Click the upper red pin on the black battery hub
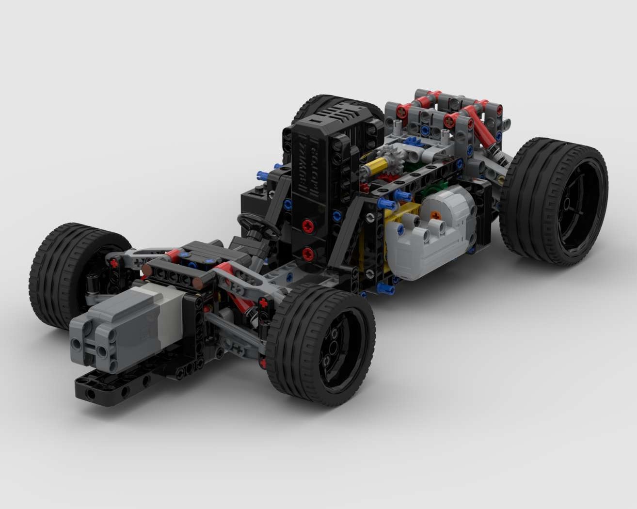[307, 225]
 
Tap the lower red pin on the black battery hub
[307, 253]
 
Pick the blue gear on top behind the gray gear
[412, 142]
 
